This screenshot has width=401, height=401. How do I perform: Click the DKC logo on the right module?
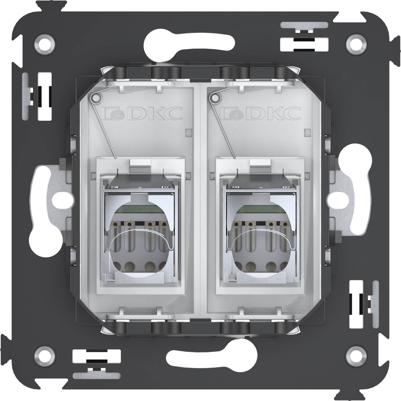pyautogui.click(x=261, y=113)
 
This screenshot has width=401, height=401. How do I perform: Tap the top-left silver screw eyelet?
pyautogui.click(x=45, y=44)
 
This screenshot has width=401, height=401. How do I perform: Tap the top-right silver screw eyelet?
pyautogui.click(x=356, y=44)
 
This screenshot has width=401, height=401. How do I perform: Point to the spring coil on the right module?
pyautogui.click(x=216, y=98)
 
